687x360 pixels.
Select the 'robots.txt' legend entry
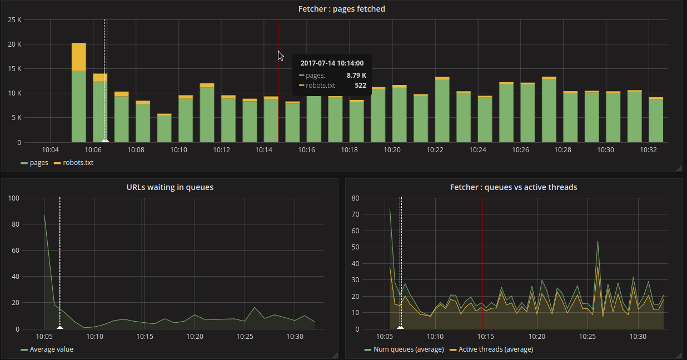[78, 163]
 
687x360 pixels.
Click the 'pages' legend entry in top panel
[39, 163]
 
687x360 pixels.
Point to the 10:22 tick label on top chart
[435, 150]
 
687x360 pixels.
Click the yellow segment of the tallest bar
[79, 57]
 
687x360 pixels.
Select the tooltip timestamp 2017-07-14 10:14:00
[332, 63]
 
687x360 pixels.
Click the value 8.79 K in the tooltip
[356, 75]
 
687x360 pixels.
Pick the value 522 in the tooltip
[360, 85]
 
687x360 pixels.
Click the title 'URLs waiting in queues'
[170, 187]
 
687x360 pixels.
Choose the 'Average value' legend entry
[51, 349]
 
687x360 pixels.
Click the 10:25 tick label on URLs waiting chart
[245, 337]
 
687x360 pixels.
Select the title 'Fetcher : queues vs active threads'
[513, 187]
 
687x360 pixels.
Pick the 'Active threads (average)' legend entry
[495, 349]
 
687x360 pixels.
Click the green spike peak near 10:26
[598, 241]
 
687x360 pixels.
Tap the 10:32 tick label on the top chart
[648, 150]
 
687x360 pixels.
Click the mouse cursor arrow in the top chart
[281, 56]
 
